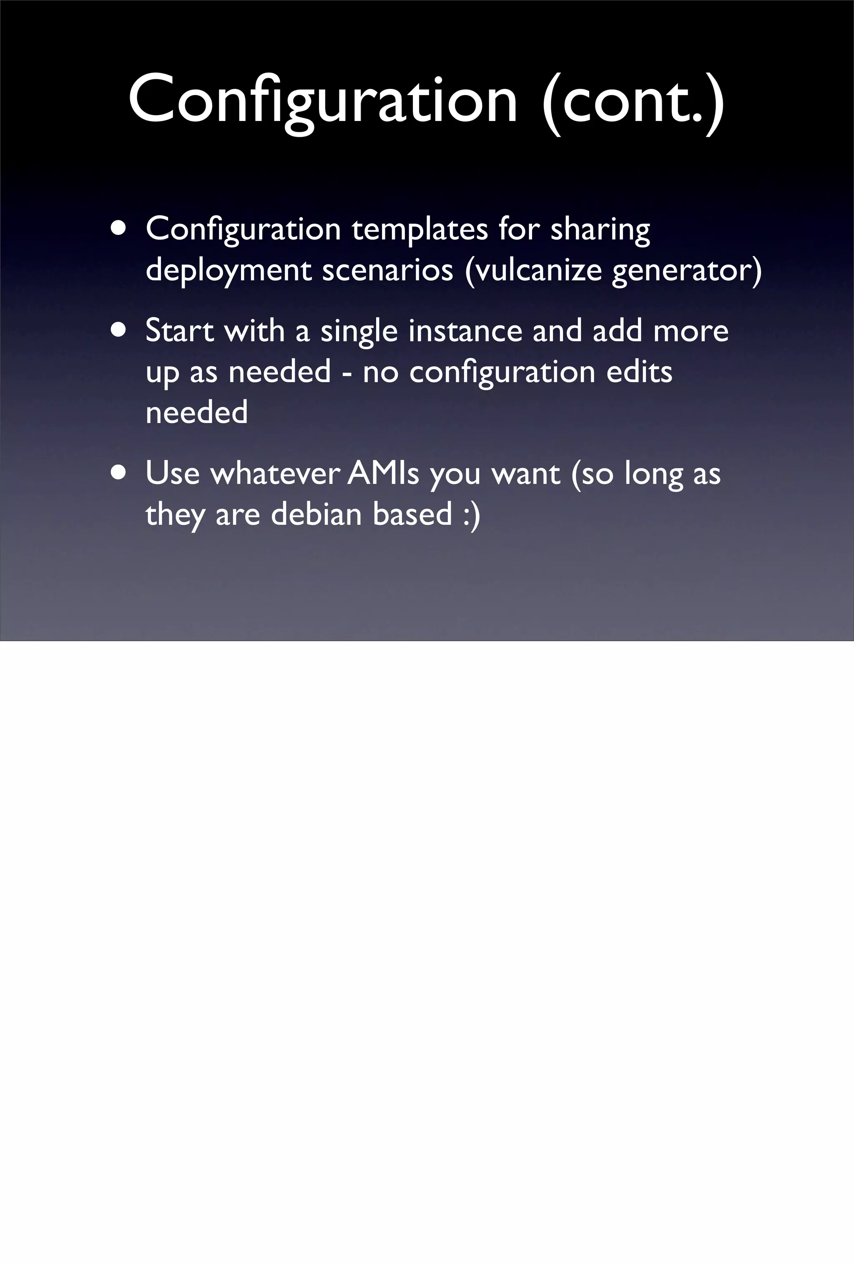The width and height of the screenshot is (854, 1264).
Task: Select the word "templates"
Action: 419,229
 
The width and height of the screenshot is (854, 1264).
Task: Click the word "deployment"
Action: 229,270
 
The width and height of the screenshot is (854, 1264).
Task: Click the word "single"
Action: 359,332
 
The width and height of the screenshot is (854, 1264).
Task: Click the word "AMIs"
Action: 383,473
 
